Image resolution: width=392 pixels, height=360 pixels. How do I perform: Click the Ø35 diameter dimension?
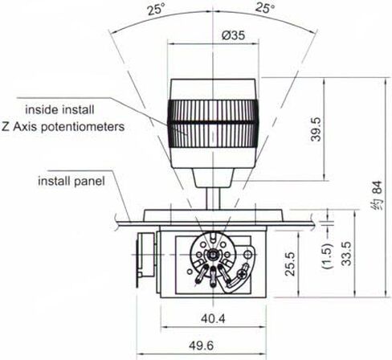[234, 35]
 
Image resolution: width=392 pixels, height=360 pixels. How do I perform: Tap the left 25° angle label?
[157, 10]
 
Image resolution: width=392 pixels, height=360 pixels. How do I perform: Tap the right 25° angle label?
[264, 8]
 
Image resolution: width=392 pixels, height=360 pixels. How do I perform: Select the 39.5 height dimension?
[316, 129]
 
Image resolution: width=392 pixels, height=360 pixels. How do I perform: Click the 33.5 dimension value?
[347, 254]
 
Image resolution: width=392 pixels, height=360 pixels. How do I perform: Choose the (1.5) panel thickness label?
[328, 256]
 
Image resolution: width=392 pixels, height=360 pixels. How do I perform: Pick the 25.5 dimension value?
[290, 264]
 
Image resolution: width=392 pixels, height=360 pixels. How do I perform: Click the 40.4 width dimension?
[213, 318]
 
